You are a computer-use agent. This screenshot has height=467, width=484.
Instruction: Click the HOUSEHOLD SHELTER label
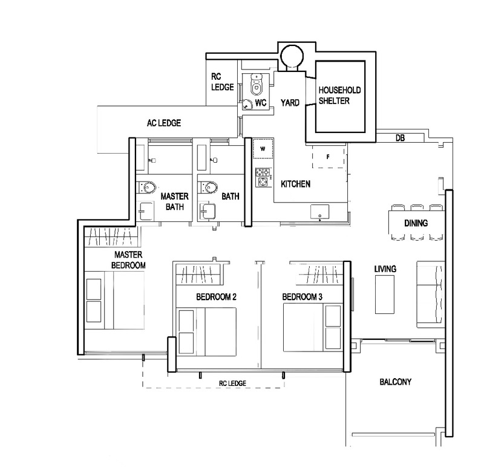click(339, 96)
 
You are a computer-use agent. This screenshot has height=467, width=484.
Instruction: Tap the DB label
click(400, 138)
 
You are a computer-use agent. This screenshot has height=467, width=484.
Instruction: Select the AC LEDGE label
click(164, 123)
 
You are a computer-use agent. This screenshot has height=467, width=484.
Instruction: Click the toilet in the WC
click(256, 83)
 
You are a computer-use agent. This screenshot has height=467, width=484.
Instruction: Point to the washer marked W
click(263, 148)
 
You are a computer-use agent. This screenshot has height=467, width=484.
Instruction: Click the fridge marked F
click(328, 157)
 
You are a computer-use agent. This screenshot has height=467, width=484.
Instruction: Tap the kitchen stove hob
click(263, 177)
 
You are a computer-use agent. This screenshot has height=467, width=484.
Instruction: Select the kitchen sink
click(319, 212)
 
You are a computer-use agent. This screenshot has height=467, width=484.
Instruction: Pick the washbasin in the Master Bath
click(145, 211)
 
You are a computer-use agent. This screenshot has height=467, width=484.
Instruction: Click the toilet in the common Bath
click(208, 188)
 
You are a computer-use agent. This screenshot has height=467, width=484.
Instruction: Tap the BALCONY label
click(396, 382)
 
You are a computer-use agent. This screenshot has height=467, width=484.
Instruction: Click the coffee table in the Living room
click(385, 295)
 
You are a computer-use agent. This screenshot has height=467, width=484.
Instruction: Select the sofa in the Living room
click(431, 294)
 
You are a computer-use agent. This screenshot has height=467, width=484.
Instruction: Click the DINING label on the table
click(416, 223)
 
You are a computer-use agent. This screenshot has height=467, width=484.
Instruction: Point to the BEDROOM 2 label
click(216, 297)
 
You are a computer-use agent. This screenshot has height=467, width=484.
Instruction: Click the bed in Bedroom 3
click(313, 327)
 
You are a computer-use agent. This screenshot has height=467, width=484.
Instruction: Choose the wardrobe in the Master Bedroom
click(112, 237)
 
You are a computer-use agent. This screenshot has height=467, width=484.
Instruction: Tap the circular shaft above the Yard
click(292, 56)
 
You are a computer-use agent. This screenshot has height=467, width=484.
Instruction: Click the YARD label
click(290, 102)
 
